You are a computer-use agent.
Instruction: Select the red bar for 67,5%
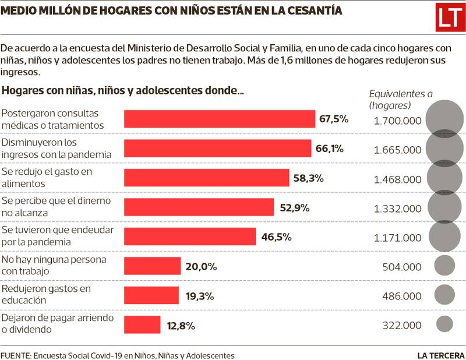point(220,119)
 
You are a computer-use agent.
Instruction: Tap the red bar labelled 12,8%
point(142,324)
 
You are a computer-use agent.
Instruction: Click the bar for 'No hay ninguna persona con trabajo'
point(153,266)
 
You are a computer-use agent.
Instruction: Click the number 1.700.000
point(397,121)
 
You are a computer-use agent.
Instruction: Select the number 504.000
point(401,267)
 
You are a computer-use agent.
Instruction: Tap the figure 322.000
point(401,325)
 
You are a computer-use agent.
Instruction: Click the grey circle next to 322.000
point(444,324)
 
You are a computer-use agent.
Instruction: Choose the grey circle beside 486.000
point(444,295)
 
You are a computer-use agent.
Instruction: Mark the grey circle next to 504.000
point(444,266)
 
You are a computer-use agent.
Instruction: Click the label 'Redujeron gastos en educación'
point(47,295)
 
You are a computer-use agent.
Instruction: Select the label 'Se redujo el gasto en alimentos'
point(47,178)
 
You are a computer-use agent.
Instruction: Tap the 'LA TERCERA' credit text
point(440,355)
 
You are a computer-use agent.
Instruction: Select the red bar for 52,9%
point(199,207)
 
